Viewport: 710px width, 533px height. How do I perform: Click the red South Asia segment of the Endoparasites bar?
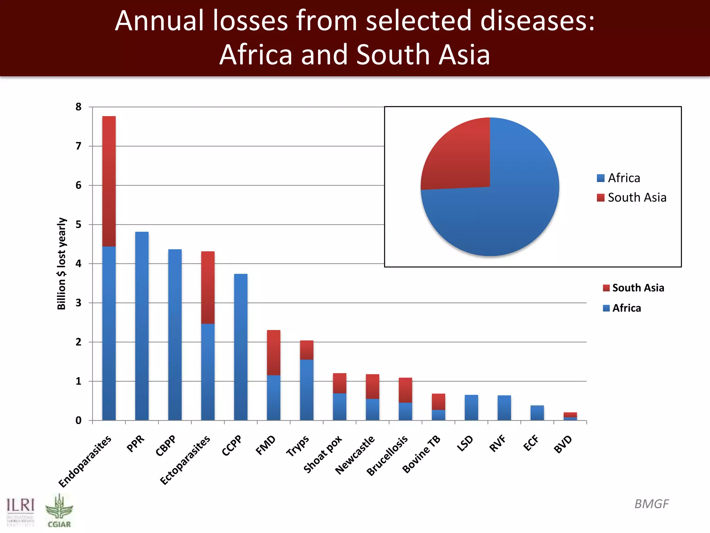109,181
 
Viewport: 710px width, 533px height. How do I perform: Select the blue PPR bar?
142,326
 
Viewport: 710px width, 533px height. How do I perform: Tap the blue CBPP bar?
175,335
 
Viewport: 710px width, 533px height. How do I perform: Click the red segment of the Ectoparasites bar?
208,287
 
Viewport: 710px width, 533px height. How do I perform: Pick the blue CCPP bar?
241,347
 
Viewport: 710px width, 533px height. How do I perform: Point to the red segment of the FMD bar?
274,352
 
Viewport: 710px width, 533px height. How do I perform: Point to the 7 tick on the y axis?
79,146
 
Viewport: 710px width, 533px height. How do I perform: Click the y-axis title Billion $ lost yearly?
61,264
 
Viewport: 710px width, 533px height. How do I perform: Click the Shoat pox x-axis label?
323,455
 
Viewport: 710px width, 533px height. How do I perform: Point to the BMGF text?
651,504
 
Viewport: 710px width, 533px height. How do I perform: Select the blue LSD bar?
471,408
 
